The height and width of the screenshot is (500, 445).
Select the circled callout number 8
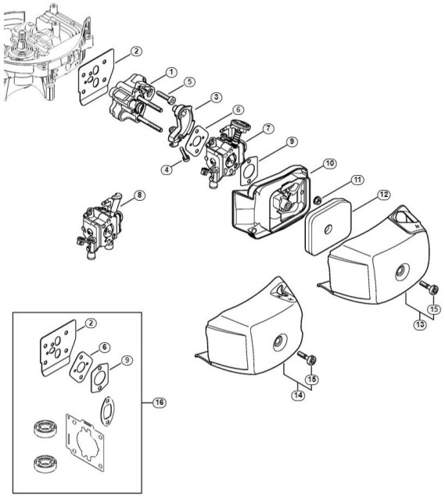[x=139, y=195]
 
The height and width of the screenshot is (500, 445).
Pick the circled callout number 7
[x=268, y=127]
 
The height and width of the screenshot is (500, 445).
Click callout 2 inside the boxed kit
[x=92, y=323]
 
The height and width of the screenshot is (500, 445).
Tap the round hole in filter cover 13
[x=400, y=271]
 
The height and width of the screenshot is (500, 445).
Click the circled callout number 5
[x=190, y=81]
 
